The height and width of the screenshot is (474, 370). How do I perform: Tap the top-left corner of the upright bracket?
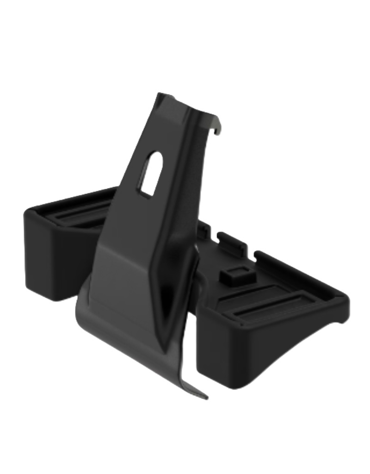[x=159, y=95]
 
